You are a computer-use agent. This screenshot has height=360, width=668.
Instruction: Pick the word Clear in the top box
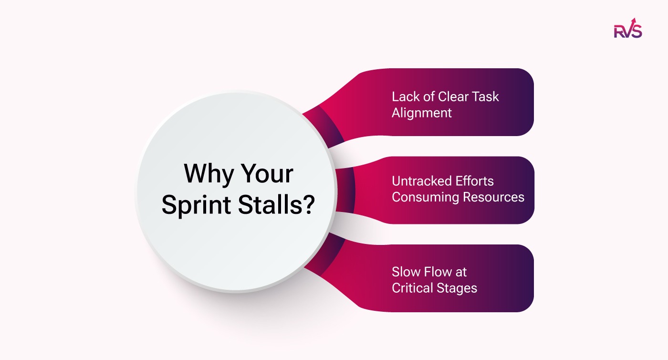coord(453,96)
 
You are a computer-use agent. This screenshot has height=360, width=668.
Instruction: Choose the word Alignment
coord(422,113)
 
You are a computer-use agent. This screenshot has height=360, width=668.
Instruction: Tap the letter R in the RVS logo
coord(619,32)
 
